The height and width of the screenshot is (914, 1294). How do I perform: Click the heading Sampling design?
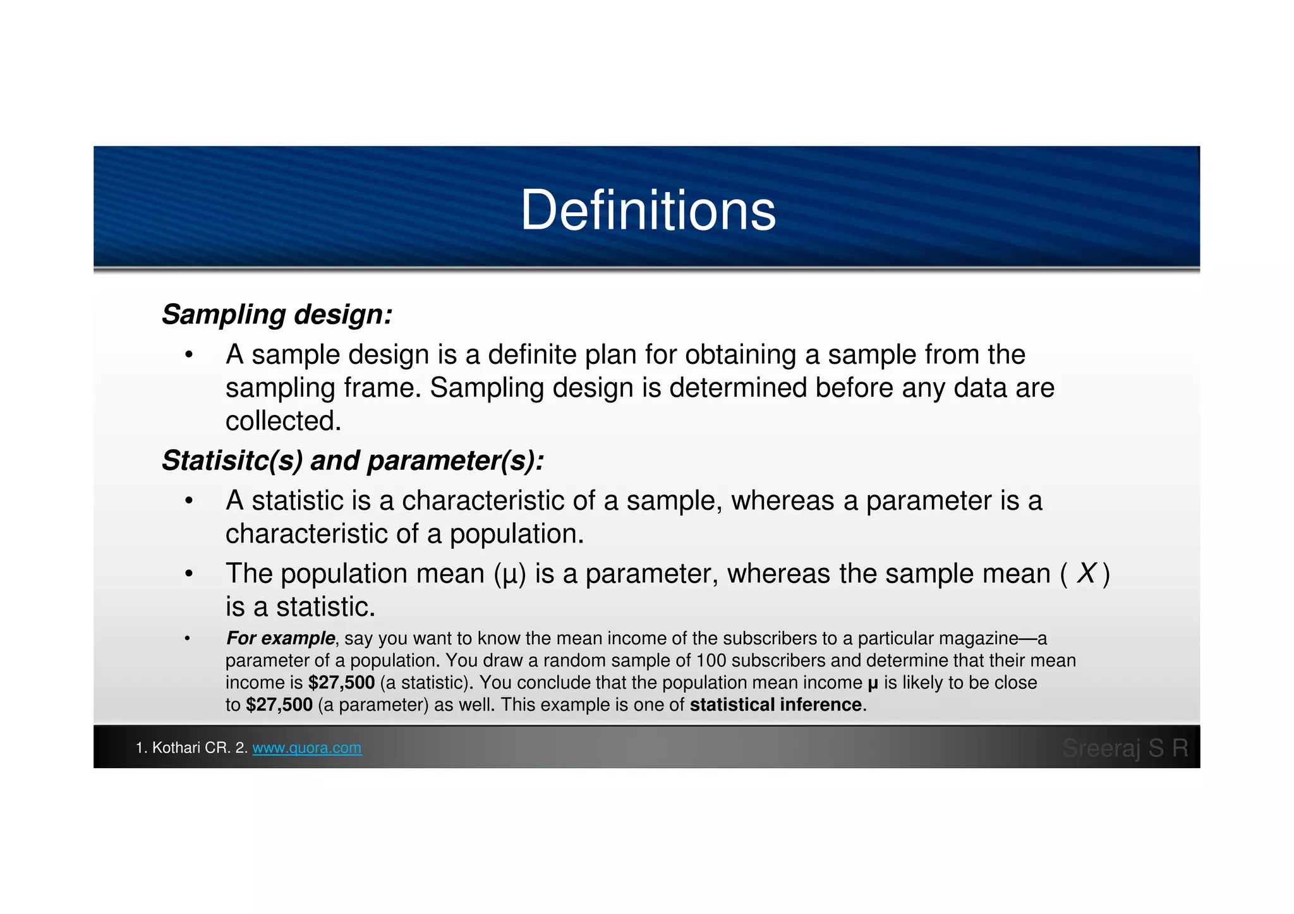click(x=277, y=315)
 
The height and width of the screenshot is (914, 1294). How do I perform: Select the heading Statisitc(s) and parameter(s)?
click(x=353, y=460)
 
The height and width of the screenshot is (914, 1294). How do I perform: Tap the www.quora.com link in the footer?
click(x=307, y=748)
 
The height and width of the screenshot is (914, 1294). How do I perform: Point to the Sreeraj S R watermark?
click(x=1125, y=748)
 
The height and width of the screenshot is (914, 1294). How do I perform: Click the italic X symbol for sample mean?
click(x=1086, y=574)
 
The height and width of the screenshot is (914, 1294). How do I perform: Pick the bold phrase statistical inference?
click(x=775, y=705)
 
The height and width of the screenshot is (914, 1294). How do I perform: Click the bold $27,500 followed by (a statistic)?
click(x=342, y=683)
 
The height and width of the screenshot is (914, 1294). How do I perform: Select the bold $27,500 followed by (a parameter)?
click(x=279, y=705)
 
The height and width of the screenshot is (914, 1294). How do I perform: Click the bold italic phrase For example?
click(x=281, y=639)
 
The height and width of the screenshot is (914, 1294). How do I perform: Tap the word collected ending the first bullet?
click(x=283, y=421)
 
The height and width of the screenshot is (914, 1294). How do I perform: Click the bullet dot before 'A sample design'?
click(x=188, y=355)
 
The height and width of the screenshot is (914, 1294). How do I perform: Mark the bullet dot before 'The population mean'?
click(x=188, y=574)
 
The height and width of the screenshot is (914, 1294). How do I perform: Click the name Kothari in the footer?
click(x=176, y=748)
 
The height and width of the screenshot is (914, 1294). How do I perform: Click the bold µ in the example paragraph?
click(x=873, y=683)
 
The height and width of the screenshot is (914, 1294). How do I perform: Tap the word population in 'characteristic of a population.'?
click(x=516, y=534)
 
